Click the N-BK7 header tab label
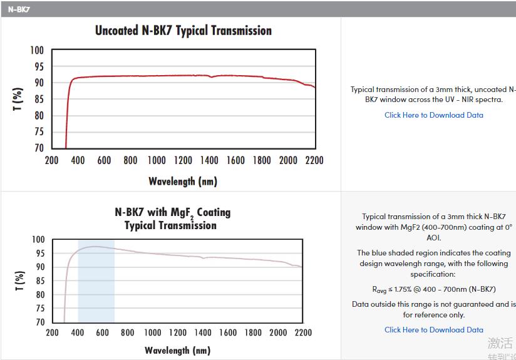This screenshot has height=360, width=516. point(19,9)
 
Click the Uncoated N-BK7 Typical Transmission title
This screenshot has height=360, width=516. point(183,31)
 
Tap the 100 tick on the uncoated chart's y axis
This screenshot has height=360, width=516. point(38,50)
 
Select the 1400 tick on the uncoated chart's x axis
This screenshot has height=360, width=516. point(209,160)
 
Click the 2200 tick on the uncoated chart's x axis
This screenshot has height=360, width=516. point(314,160)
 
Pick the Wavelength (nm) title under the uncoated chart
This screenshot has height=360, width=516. point(183,182)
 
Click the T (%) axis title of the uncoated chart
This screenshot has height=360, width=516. point(18,100)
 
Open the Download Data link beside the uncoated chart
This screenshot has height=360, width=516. point(433,115)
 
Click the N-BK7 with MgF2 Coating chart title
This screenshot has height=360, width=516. point(172,219)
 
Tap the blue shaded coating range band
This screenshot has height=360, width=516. point(96,280)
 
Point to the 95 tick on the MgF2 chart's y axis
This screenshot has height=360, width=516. point(39,254)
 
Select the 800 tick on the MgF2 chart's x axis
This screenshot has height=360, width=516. point(128,332)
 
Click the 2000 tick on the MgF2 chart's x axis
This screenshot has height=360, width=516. point(277,332)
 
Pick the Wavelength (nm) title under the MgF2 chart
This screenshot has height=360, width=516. point(177,351)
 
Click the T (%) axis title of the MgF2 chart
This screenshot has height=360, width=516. point(19,281)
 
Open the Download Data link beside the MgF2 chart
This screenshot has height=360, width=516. point(433,330)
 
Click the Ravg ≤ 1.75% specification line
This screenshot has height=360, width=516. point(433,289)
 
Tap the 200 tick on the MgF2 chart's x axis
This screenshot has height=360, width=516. point(53,332)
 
